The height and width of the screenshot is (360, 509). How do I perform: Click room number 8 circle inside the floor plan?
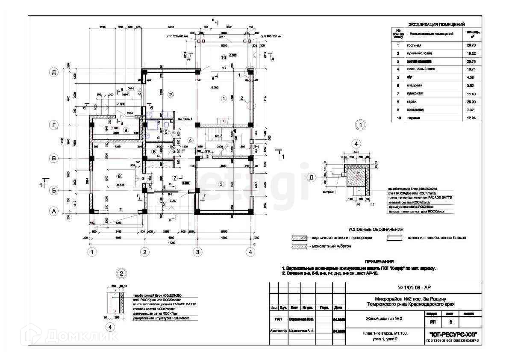(119, 176)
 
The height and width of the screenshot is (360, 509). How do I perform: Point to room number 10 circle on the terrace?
(223, 57)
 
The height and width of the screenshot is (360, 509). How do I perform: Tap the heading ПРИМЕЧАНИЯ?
(379, 262)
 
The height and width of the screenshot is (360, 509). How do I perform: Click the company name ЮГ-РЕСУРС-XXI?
(453, 333)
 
